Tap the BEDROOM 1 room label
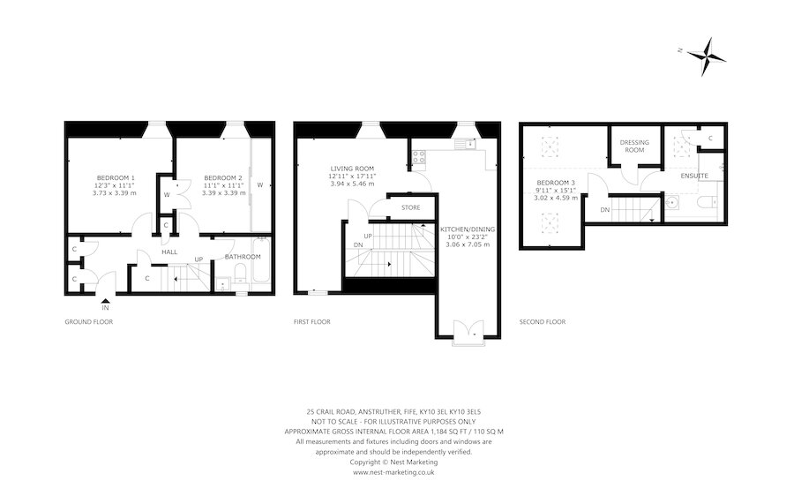[x=116, y=177]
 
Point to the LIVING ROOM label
[x=353, y=169]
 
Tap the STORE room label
[x=410, y=208]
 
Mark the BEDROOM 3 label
[x=556, y=184]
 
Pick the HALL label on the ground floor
[x=169, y=252]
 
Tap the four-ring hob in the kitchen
[x=418, y=159]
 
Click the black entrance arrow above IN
[x=105, y=298]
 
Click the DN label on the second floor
[x=604, y=209]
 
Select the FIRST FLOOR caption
[x=312, y=322]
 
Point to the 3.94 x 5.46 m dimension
[x=353, y=184]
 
